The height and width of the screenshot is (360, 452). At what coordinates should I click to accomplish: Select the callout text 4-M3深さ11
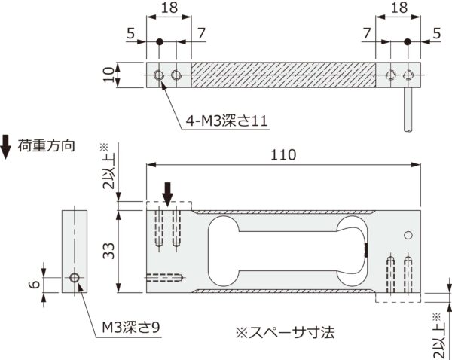(x=227, y=121)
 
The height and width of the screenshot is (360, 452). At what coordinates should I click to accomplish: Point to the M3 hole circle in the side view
(x=75, y=278)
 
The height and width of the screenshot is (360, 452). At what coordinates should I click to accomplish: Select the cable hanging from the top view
(x=408, y=109)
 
